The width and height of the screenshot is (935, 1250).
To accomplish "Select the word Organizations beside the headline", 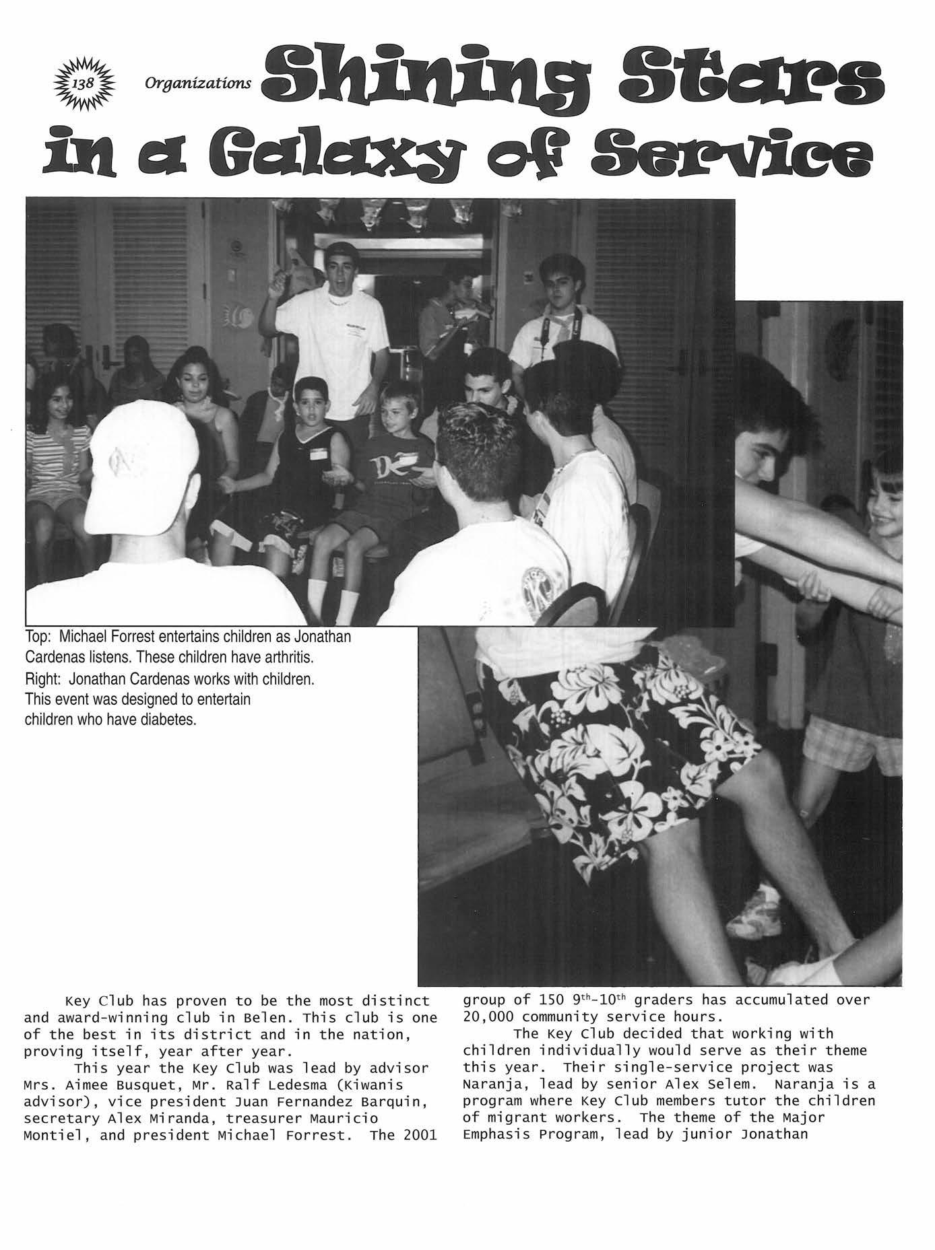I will (x=197, y=83).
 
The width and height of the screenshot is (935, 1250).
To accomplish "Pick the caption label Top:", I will (x=38, y=636).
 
